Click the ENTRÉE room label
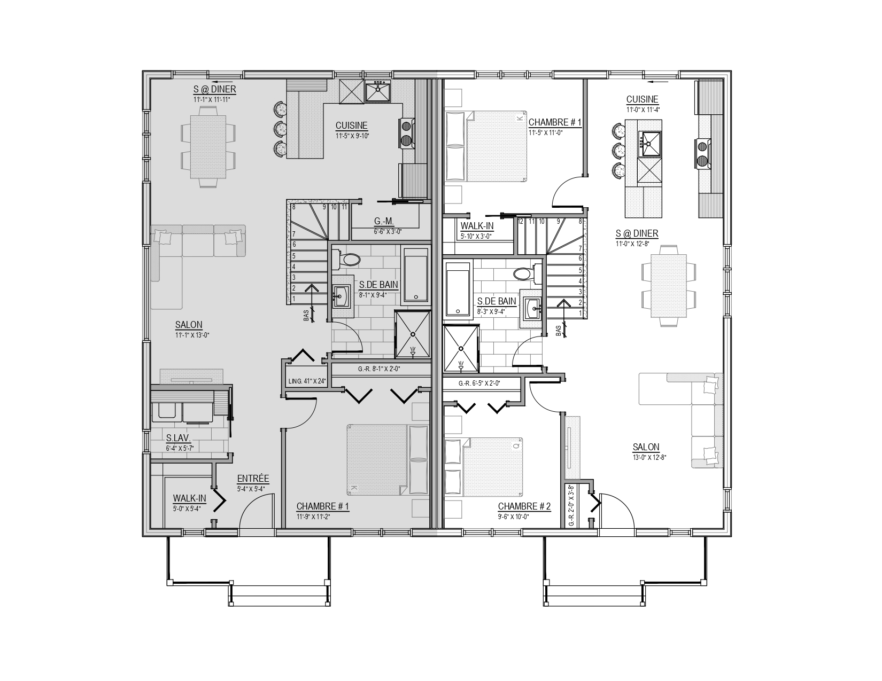coord(253,479)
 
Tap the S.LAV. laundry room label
coord(178,438)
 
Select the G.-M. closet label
coord(384,222)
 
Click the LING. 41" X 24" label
coord(307,381)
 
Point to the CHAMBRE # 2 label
coord(524,506)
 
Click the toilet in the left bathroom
coord(346,260)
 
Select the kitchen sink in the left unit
coord(377,91)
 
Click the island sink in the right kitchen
coord(650,144)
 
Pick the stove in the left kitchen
coord(406,133)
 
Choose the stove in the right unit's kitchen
coord(702,154)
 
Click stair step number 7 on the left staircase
coord(294,234)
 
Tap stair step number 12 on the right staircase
coord(521,222)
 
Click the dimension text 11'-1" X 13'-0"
coord(192,335)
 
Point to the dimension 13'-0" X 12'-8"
coord(649,458)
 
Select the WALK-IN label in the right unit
coord(477,226)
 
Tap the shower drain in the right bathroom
coord(461,348)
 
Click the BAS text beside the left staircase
coord(306,316)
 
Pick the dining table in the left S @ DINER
coord(208,147)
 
